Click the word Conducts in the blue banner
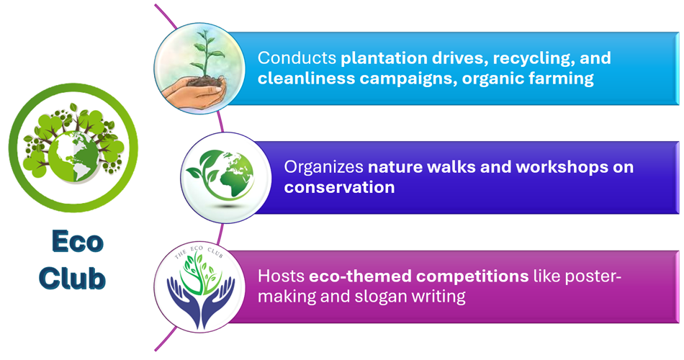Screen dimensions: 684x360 click(297, 58)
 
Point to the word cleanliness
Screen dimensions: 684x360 click(306, 78)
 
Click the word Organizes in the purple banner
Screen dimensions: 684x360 click(324, 167)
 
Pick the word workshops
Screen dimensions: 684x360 click(562, 167)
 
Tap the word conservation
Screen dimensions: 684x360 click(339, 187)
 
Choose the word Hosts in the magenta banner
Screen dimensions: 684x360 click(281, 276)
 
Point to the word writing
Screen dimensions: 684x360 click(439, 297)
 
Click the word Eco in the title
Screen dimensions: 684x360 click(77, 241)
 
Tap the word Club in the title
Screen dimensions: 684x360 click(73, 278)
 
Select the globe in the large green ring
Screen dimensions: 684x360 click(73, 156)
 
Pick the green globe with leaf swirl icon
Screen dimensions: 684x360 click(221, 174)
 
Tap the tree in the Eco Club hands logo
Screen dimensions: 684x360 click(201, 273)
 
